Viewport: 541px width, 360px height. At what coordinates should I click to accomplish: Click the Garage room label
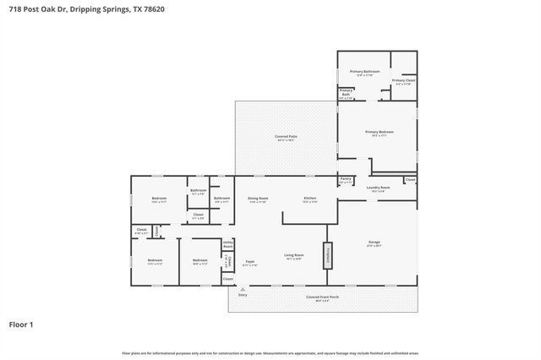[x=374, y=243]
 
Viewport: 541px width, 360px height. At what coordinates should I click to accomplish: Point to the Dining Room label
[x=257, y=199]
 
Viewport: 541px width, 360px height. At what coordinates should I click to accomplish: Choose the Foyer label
[x=250, y=263]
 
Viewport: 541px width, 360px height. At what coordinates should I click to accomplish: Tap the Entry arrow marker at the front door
[x=243, y=290]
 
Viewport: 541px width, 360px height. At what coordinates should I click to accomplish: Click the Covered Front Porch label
[x=324, y=297]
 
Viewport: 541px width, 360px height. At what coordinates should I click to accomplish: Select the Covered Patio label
[x=286, y=136]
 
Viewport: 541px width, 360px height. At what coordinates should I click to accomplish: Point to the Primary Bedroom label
[x=380, y=133]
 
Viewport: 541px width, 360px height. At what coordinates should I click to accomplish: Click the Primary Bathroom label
[x=364, y=72]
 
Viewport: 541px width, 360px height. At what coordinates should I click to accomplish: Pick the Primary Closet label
[x=403, y=81]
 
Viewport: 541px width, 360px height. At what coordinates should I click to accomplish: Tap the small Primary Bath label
[x=346, y=92]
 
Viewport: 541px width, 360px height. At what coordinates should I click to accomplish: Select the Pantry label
[x=346, y=179]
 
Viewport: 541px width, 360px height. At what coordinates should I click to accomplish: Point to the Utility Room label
[x=227, y=243]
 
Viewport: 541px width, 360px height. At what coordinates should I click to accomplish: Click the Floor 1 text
[x=20, y=324]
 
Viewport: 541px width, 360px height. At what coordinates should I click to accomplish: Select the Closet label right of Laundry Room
[x=410, y=179]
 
